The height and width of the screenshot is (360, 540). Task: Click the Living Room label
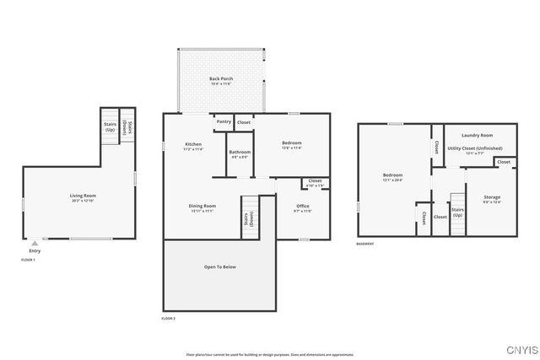pos(82,196)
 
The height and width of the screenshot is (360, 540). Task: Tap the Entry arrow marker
pos(34,242)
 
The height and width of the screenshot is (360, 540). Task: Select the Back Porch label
pos(221,79)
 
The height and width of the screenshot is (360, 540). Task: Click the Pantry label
pos(224,122)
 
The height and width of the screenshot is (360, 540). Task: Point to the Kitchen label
pos(193,145)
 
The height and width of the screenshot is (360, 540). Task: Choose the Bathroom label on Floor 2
pos(239,152)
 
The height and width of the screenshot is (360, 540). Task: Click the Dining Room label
pos(202,207)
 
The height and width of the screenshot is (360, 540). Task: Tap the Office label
pos(302,207)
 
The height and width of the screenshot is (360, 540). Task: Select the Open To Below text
pos(219,266)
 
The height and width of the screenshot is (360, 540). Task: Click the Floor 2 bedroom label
pos(291,143)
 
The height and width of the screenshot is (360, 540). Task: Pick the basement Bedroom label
pos(393,176)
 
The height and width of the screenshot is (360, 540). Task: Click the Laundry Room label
pos(477,135)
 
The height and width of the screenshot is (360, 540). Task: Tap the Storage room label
pos(491,197)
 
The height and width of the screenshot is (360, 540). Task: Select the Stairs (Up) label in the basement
pos(457,212)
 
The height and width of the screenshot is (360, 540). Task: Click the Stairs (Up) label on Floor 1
pos(110,127)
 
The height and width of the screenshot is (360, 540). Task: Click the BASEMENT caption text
pos(364,244)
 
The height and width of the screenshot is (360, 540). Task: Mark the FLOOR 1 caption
pos(28,260)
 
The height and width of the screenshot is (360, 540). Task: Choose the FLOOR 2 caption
pos(169,318)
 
